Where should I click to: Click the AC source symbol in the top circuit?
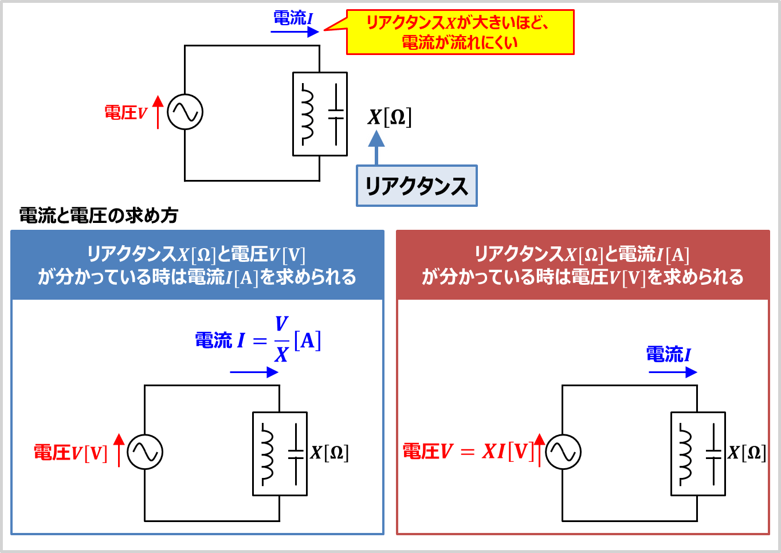[185, 112]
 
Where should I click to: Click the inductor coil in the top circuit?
[307, 114]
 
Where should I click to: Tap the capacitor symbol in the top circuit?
[336, 115]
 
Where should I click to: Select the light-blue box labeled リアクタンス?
[417, 186]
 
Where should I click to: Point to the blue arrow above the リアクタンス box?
[376, 147]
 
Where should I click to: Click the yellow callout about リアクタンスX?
[460, 32]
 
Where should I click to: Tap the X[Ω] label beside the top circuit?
[390, 117]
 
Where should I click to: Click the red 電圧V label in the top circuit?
[126, 113]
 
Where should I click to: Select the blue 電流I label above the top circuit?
[293, 18]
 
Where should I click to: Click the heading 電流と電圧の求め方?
[99, 215]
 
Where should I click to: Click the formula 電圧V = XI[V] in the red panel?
[468, 452]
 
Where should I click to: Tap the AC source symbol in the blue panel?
[145, 452]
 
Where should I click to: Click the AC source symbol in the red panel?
[563, 452]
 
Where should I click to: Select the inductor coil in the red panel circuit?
[685, 454]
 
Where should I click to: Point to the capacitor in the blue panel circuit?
[296, 454]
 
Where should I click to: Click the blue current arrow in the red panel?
[673, 372]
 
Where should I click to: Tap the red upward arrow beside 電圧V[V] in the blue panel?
[119, 450]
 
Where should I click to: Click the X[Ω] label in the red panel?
[747, 453]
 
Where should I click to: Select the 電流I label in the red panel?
[668, 354]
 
